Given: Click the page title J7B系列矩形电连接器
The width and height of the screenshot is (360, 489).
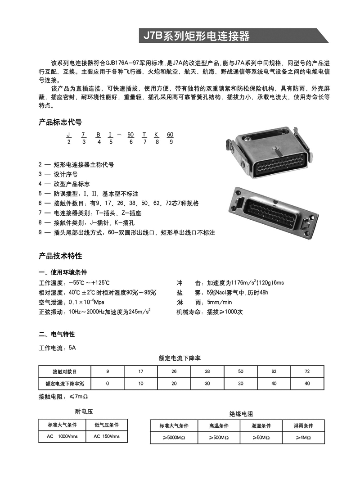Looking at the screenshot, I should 196,36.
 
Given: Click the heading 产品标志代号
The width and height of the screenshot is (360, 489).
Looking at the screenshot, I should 60,122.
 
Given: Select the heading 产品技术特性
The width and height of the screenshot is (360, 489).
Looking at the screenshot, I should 60,256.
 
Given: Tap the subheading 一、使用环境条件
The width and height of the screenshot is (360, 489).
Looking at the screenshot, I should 63,272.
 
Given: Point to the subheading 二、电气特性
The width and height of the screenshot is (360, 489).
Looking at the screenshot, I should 57,334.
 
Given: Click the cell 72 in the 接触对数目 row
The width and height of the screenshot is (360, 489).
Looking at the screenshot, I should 307,371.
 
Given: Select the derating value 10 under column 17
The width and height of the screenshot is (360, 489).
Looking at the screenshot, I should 141,384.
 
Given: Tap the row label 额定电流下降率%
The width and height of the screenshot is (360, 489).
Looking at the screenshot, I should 65,384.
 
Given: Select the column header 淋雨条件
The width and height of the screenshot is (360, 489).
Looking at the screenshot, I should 303,426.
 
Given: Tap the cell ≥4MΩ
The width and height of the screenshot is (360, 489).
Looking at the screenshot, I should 303,437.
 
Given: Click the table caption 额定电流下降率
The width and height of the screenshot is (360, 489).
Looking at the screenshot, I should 180,358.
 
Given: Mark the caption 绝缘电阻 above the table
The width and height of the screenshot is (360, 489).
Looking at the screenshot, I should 242,413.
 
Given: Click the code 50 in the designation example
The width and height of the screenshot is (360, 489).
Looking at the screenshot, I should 130,135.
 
